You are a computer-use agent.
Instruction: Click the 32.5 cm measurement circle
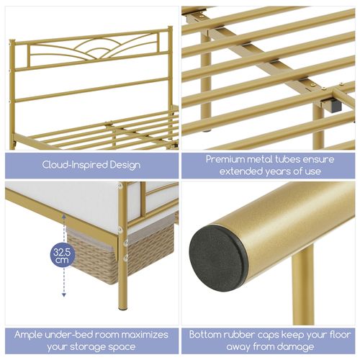[63, 256]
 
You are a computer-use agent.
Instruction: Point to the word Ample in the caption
[28, 335]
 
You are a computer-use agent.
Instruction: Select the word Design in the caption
[125, 166]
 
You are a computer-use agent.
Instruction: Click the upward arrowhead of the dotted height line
[64, 216]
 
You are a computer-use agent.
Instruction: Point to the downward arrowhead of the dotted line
[64, 294]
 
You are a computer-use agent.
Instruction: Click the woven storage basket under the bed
[120, 253]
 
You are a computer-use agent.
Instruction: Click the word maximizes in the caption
[144, 335]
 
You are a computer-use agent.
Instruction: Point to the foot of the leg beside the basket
[123, 308]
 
